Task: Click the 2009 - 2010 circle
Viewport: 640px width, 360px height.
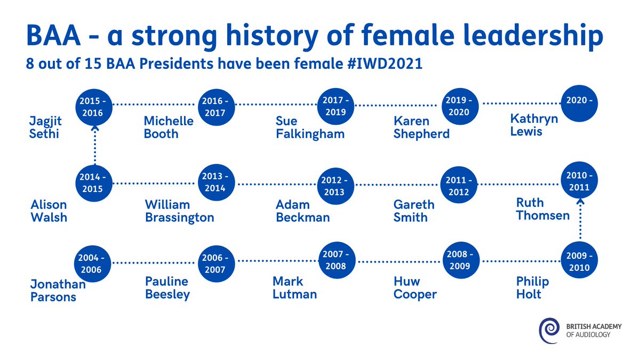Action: click(x=579, y=261)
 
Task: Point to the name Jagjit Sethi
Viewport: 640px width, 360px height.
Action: click(x=44, y=127)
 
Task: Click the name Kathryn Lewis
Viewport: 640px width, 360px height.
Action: click(x=534, y=124)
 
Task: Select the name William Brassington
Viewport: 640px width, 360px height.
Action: click(x=179, y=211)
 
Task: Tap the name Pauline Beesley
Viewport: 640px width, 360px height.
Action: click(x=167, y=287)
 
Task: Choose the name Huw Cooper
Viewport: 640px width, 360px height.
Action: click(x=415, y=287)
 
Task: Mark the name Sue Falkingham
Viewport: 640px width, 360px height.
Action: click(x=310, y=127)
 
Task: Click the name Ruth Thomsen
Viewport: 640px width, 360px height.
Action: click(x=543, y=209)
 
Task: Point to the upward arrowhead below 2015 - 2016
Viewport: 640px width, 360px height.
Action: click(x=95, y=127)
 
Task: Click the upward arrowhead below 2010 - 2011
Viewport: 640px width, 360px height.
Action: click(x=580, y=202)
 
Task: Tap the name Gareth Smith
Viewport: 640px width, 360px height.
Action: click(x=414, y=211)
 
